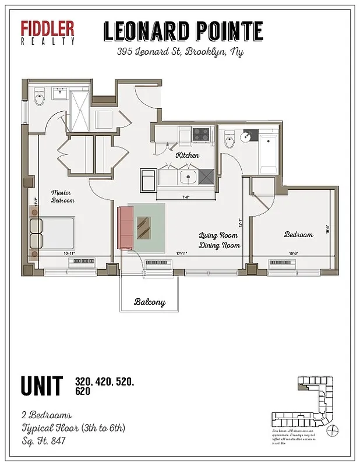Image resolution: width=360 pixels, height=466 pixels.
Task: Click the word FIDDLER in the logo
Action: click(x=48, y=29)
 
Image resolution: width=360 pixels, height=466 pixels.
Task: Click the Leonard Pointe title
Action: click(x=183, y=31)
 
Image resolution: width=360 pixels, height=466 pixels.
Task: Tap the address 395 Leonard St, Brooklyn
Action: click(x=180, y=52)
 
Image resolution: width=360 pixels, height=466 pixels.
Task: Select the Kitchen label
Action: click(x=188, y=156)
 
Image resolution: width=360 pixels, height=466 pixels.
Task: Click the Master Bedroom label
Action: click(x=62, y=196)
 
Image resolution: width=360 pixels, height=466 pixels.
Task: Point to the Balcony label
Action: click(x=150, y=302)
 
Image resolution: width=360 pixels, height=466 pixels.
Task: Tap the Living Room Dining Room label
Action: click(x=219, y=241)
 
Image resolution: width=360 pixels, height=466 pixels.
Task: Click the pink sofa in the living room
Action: click(x=125, y=228)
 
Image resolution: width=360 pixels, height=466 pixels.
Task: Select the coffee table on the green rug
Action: click(x=144, y=227)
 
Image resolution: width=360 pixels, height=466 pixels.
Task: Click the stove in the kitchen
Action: click(x=201, y=135)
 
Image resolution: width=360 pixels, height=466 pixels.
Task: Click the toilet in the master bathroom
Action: click(x=40, y=97)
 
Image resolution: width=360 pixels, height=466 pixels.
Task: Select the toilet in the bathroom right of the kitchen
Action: click(x=229, y=140)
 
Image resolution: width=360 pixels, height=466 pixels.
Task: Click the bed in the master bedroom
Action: click(x=54, y=233)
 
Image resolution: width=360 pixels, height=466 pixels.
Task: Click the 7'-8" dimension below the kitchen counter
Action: click(x=186, y=197)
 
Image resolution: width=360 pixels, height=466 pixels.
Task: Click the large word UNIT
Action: click(x=41, y=386)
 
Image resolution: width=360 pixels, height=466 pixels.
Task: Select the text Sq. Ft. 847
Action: click(x=43, y=441)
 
